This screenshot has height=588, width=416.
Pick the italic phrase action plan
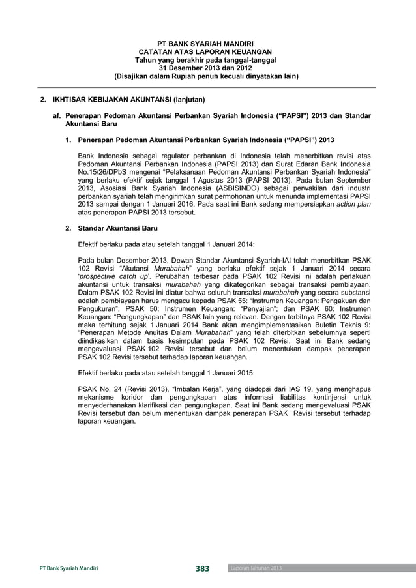(351, 205)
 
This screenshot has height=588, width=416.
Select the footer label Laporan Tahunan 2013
(256, 569)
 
